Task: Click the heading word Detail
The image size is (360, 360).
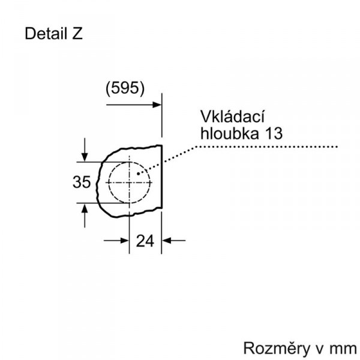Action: tap(46, 34)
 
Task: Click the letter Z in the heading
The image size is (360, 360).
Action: tap(77, 34)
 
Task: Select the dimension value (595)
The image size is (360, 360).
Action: tap(125, 88)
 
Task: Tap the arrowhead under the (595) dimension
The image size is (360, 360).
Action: tap(157, 104)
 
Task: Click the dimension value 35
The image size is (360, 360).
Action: tap(82, 182)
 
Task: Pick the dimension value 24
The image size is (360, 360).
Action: tap(145, 241)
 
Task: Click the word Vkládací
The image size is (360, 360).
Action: tap(233, 116)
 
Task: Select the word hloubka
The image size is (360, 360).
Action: tap(229, 133)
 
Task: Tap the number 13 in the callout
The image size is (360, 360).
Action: tap(274, 133)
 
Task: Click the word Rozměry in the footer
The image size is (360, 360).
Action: tap(277, 348)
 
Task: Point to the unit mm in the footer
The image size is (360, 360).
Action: tap(343, 349)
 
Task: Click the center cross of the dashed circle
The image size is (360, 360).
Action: tap(130, 182)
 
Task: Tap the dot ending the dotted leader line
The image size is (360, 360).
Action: tap(138, 174)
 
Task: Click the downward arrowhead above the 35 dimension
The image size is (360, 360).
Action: tap(85, 157)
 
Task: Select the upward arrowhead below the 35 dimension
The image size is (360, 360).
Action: tap(85, 208)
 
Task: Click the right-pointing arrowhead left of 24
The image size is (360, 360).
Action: tap(124, 241)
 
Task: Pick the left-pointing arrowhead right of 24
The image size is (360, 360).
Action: tap(166, 241)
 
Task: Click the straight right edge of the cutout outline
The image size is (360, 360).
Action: tap(162, 177)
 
